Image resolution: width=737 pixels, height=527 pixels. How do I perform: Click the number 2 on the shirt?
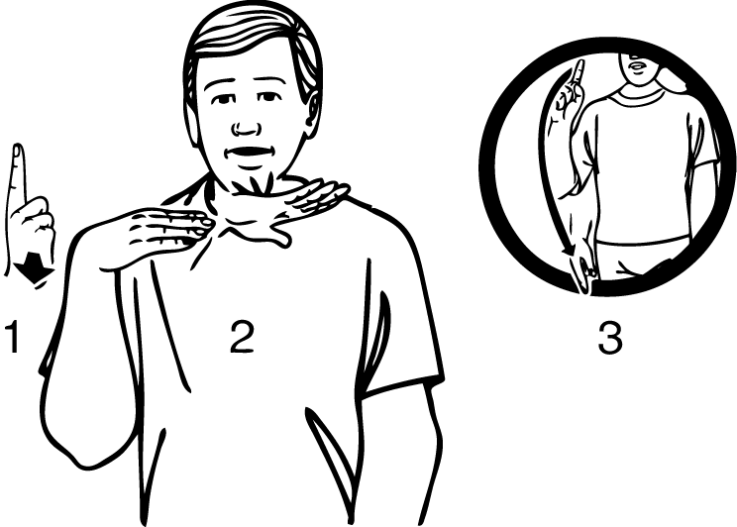[242, 337]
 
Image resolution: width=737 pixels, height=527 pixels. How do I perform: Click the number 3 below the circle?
[610, 337]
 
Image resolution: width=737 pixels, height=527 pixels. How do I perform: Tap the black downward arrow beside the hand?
[32, 268]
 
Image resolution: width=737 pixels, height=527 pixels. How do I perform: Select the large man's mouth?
[249, 153]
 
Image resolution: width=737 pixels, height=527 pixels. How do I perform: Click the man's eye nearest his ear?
[267, 97]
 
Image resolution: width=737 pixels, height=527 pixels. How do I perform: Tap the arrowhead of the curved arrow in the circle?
[569, 251]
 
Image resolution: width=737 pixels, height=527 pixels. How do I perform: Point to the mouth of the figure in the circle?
[636, 65]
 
